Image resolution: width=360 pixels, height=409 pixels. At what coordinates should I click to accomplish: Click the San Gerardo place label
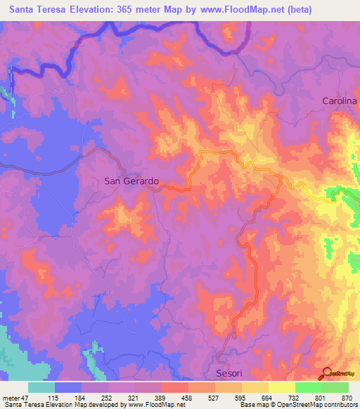pyautogui.click(x=131, y=181)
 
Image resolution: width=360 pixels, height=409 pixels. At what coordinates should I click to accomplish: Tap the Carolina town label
pyautogui.click(x=340, y=101)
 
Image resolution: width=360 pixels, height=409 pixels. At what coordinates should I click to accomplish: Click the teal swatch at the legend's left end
pyautogui.click(x=41, y=387)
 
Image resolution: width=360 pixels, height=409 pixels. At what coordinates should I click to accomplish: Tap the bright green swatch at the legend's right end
pyautogui.click(x=335, y=387)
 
